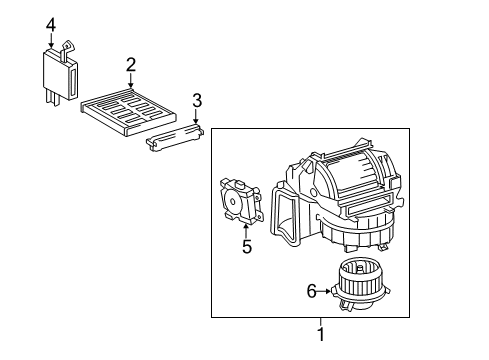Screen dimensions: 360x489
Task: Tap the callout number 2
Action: click(x=131, y=65)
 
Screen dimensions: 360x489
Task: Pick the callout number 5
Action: click(x=246, y=245)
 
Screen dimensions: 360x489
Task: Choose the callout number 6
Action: click(x=311, y=291)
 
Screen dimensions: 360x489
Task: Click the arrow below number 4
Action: click(x=50, y=42)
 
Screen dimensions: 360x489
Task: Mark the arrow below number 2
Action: click(x=131, y=83)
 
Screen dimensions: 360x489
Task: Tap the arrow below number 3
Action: click(x=197, y=119)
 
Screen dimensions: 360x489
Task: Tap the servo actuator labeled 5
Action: click(x=240, y=200)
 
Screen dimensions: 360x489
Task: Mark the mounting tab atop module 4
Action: click(x=69, y=46)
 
